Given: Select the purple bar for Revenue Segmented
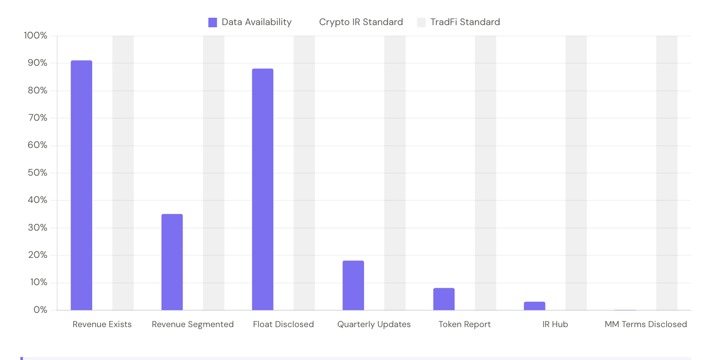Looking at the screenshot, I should [172, 262].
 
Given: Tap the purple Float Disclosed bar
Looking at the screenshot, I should [262, 189].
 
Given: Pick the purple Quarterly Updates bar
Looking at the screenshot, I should [353, 285].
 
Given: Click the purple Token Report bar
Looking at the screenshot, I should [444, 299].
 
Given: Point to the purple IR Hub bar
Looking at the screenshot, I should [534, 306].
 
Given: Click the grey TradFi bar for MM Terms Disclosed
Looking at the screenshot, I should [667, 173].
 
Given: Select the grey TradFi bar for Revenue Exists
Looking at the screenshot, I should [123, 173].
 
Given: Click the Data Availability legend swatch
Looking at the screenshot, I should [213, 22].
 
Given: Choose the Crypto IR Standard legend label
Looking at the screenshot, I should [361, 22].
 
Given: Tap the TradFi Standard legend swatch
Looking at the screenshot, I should [421, 22].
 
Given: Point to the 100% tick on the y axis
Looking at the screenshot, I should [35, 35].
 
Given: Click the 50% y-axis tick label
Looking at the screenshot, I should [37, 173].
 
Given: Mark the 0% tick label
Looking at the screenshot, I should [40, 310].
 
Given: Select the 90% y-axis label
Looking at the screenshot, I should [37, 63].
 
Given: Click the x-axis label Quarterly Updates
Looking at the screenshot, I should [374, 324].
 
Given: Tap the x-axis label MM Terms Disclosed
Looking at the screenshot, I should [645, 324].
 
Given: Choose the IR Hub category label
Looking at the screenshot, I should [555, 324].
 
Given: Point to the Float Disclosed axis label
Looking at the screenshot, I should [283, 324].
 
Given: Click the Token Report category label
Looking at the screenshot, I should [464, 324].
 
